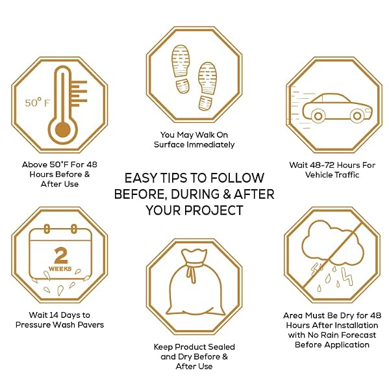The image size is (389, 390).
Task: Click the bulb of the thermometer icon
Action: point(62,130)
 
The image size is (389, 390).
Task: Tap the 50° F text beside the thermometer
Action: point(38,103)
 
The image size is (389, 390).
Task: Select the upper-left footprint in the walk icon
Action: point(181,69)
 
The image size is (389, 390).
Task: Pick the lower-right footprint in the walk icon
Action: point(208,86)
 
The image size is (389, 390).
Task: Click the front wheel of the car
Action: point(357,116)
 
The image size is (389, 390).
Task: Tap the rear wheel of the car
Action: point(318,116)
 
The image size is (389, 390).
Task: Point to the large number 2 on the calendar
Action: point(60,255)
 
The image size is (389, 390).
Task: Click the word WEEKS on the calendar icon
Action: point(60,268)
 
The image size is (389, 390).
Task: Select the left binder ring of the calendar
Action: point(47,229)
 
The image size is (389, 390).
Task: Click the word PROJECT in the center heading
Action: point(214,211)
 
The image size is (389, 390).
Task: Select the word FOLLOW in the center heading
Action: point(238,178)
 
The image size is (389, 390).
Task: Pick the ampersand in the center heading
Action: point(226,194)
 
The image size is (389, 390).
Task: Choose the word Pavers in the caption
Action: point(91,325)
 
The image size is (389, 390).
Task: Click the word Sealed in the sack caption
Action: point(221,346)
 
